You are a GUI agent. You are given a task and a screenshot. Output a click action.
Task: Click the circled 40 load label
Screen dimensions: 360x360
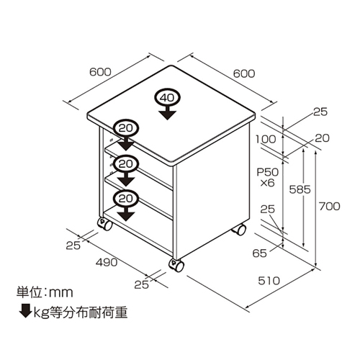(x=168, y=98)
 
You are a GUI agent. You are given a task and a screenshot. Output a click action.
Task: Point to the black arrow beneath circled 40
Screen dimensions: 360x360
(x=168, y=113)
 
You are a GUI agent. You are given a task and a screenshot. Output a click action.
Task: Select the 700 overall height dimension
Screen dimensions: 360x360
(x=329, y=207)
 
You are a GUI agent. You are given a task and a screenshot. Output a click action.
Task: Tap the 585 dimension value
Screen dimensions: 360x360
(x=300, y=189)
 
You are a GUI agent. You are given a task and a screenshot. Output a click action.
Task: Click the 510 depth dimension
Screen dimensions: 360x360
(x=269, y=281)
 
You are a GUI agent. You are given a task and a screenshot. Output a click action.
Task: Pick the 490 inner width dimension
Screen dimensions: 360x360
(x=107, y=262)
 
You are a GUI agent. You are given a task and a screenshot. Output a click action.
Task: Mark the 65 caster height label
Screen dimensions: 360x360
(x=259, y=253)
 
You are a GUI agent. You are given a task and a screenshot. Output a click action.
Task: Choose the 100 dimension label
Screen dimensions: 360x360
(x=266, y=139)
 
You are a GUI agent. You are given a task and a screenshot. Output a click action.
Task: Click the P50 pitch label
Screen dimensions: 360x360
(x=268, y=172)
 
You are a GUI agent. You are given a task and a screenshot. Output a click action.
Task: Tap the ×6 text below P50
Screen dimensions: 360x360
(x=267, y=184)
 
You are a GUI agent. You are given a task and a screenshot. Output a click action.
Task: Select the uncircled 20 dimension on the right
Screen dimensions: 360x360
(x=322, y=138)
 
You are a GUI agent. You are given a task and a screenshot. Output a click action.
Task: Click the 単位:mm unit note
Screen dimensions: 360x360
(x=45, y=292)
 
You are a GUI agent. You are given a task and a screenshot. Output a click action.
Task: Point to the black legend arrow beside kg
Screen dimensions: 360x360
(x=25, y=311)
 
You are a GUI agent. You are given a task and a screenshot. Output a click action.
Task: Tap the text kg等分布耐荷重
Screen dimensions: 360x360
(x=81, y=312)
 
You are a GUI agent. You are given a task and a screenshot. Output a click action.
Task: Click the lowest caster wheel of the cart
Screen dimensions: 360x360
(x=176, y=265)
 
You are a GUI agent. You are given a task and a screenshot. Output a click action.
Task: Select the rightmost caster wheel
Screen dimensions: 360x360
(x=239, y=230)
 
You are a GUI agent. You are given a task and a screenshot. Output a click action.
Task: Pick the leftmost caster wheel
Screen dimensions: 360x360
(x=105, y=224)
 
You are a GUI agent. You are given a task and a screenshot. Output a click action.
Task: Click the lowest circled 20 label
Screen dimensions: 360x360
(x=126, y=199)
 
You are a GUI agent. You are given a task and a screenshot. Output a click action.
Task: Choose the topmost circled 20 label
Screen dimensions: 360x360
(x=126, y=129)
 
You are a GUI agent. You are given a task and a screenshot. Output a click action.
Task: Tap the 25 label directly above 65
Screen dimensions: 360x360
(x=267, y=210)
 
